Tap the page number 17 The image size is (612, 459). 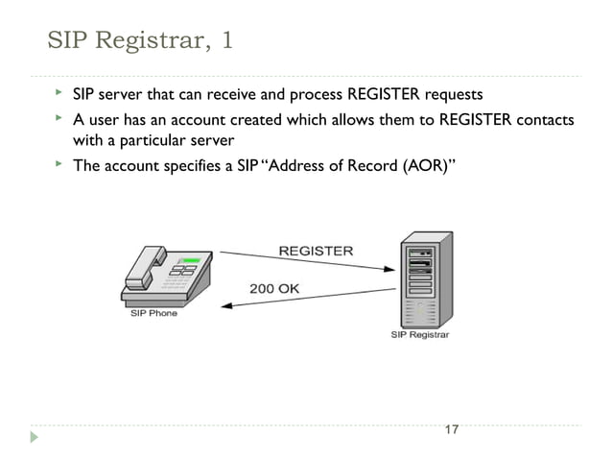click(452, 429)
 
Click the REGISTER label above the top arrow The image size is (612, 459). click(316, 251)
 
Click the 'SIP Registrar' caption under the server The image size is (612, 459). click(419, 335)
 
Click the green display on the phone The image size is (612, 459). click(191, 260)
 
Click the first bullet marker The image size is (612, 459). click(58, 94)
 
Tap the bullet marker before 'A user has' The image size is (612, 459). click(58, 119)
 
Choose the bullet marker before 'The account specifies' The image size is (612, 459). click(58, 164)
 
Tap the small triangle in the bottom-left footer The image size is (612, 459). click(35, 437)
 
